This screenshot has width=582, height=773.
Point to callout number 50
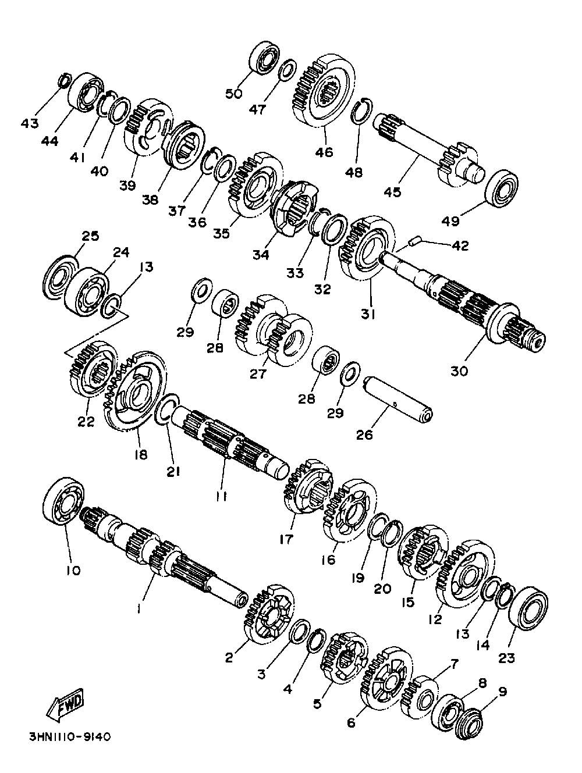(234, 94)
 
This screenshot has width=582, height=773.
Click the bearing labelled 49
(502, 189)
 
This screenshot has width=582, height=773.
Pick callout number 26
(364, 435)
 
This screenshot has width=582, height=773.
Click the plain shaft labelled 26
(398, 400)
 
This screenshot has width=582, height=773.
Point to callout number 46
(324, 152)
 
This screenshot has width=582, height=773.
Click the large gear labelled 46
(324, 91)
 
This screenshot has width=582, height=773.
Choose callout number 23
(506, 657)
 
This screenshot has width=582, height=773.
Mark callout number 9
(503, 692)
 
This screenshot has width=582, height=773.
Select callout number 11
(221, 496)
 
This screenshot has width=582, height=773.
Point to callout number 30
(459, 371)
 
